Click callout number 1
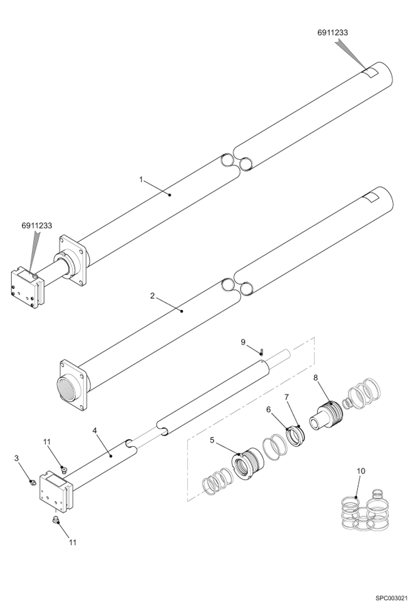coord(141,180)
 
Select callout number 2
coord(152,296)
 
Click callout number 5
coord(212,440)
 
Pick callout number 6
coord(268,410)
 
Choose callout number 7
coord(287,397)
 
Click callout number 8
coord(315,378)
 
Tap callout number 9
coord(243,342)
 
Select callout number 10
coord(361,471)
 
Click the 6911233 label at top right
coord(333,33)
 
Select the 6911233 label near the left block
coord(37,226)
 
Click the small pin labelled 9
coord(262,351)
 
